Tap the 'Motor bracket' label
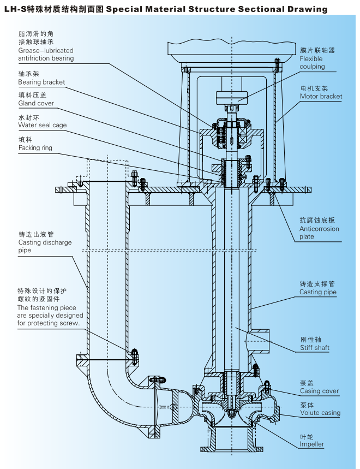point(321,97)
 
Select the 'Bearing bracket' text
point(41,82)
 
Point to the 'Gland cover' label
point(36,103)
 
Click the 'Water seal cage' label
point(43,125)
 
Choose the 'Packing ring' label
point(35,148)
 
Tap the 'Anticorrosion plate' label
point(319,233)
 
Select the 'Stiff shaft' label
point(314,348)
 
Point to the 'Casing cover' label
point(319,391)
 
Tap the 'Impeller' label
point(311,444)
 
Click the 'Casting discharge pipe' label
point(45,246)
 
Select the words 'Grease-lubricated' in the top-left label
point(46,51)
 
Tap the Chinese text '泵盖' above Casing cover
point(307,383)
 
